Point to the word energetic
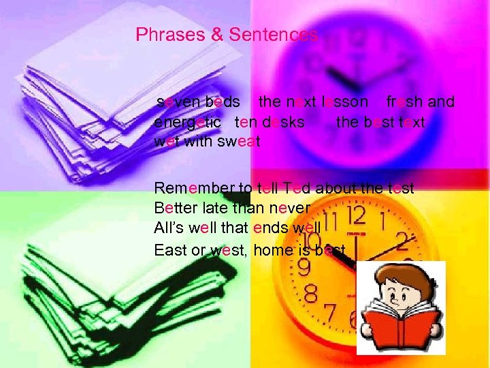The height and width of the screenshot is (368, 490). pos(187,123)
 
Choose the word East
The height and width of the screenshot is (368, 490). pos(170,249)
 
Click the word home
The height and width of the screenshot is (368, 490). pos(272,249)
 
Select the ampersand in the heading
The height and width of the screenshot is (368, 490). pos(217,35)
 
